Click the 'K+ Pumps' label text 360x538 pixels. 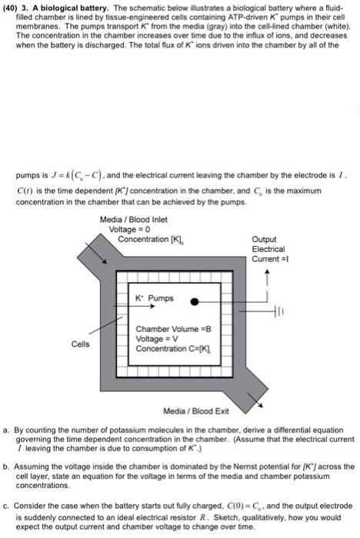coord(154,298)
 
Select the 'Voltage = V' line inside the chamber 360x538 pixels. coord(156,338)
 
